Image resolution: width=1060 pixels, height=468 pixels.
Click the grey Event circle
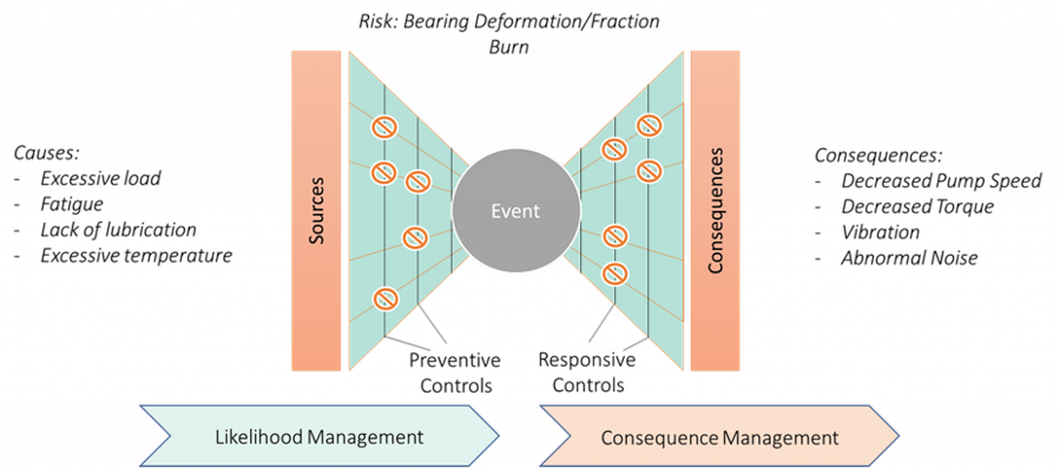point(516,211)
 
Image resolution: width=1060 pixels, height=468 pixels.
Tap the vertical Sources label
point(316,211)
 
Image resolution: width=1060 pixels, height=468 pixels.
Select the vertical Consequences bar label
point(715,211)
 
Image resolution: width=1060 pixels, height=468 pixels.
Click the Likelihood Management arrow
point(319,436)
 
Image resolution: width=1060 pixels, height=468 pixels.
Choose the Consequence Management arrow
point(719,436)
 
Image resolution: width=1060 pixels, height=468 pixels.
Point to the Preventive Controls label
point(455,373)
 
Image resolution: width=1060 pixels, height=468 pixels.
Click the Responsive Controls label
point(587,372)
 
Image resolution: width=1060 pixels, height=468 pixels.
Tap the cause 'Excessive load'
point(100,179)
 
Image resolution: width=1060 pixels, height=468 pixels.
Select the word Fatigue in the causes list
point(72,204)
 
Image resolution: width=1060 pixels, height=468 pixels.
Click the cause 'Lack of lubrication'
point(119,230)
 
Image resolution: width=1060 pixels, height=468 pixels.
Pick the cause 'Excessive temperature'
point(137,256)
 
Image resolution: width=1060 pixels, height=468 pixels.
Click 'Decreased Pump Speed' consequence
point(941,181)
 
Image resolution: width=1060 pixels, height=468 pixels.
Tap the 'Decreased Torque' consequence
point(918,207)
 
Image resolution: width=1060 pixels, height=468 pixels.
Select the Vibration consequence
point(880,232)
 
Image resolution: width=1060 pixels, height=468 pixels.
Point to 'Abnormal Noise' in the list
point(909,258)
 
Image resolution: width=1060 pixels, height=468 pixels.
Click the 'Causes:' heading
point(47,153)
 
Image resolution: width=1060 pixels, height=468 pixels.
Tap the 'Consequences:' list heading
point(879,155)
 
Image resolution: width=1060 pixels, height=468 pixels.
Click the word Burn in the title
point(509,47)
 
